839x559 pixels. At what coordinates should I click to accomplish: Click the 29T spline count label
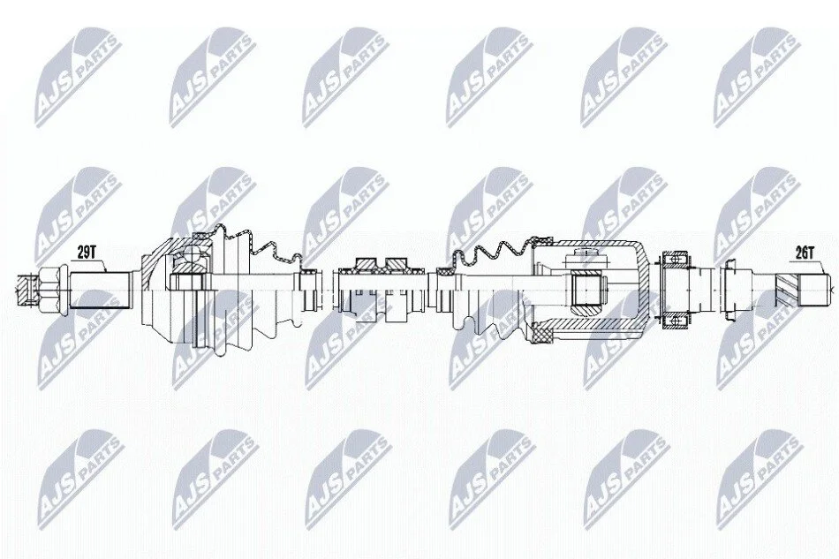tap(86, 253)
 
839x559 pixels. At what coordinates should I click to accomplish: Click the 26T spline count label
tap(804, 253)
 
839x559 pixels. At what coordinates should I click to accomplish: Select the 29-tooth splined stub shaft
tap(100, 291)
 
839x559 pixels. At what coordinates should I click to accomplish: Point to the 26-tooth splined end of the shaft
tap(815, 291)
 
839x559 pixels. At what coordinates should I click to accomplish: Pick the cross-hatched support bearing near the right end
tap(673, 291)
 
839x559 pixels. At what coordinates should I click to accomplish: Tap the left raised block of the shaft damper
tap(365, 263)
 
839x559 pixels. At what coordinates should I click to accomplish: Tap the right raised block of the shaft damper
tap(397, 263)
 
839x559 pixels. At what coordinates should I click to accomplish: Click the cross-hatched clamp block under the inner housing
tap(542, 335)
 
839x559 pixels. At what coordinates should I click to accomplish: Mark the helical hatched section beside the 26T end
tap(788, 291)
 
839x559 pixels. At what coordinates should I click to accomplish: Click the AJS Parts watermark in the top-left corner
tap(78, 78)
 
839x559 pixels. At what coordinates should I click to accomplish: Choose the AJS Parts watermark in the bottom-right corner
tap(759, 479)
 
